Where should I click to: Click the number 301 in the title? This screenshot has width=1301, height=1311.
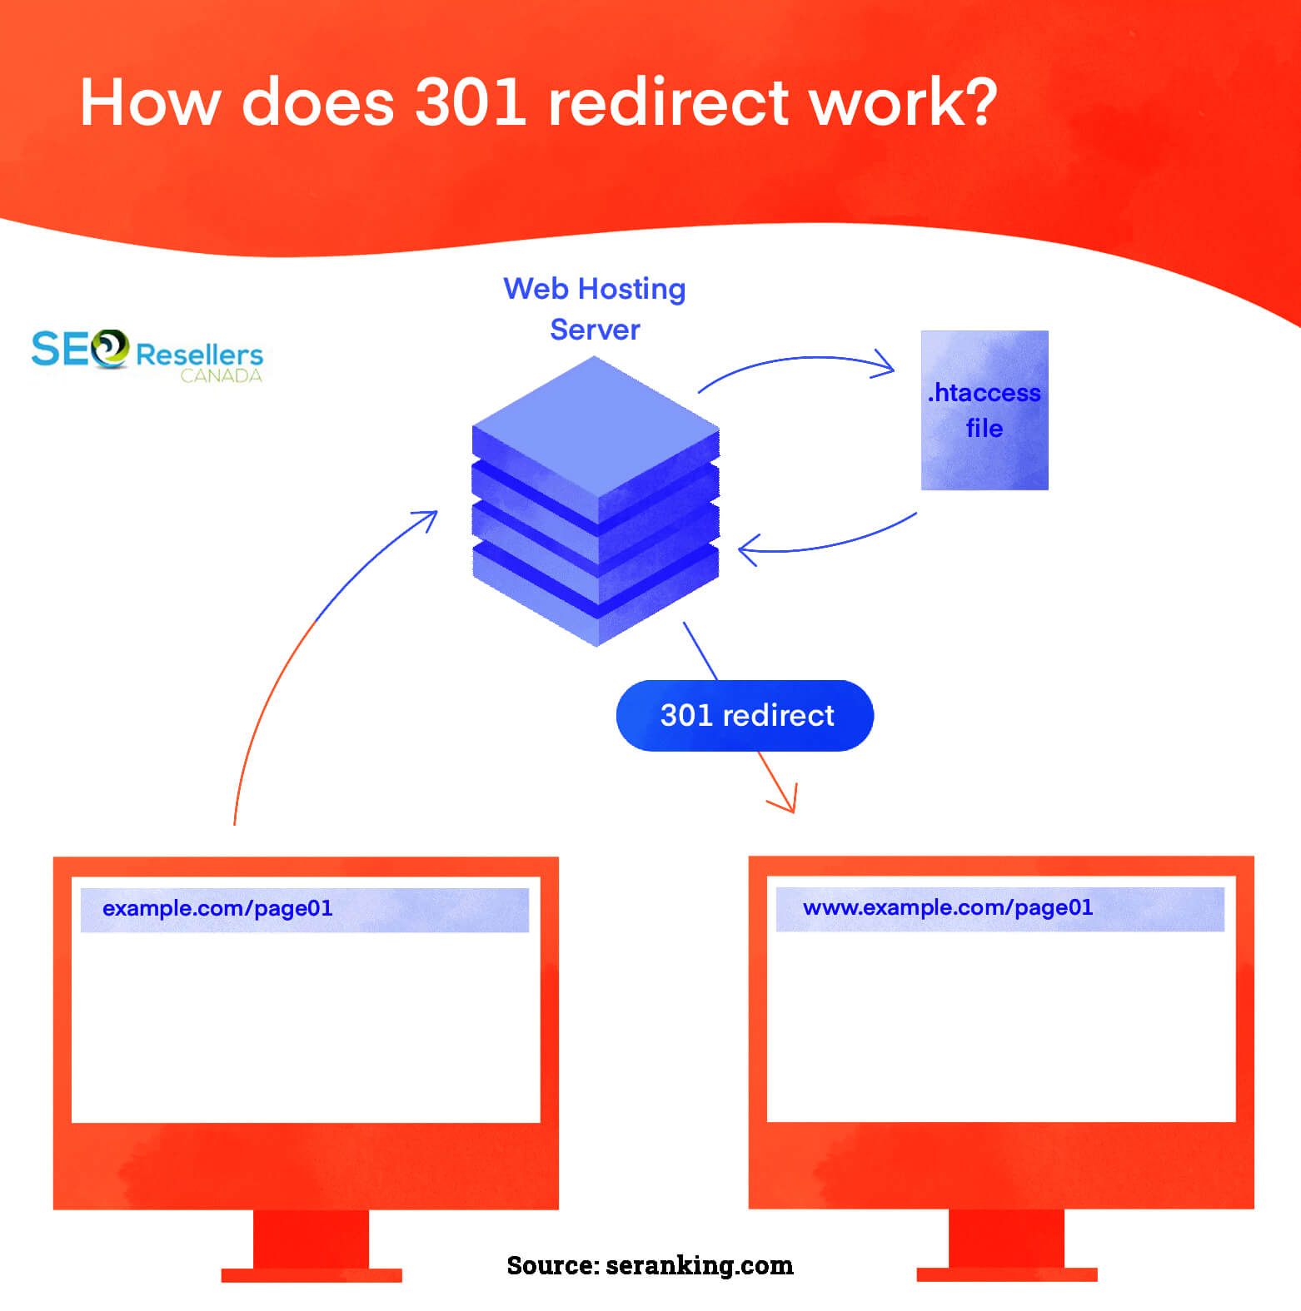[x=471, y=102]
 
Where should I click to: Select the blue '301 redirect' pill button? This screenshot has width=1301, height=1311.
[x=745, y=716]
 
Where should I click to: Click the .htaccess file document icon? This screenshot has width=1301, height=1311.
[x=984, y=410]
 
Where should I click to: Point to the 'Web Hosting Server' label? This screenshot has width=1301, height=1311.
[x=595, y=309]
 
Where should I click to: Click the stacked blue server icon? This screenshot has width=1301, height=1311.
[x=596, y=501]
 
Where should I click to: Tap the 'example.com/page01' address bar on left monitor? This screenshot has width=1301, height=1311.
[x=305, y=910]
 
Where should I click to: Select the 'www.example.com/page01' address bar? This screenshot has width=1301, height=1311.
[x=1000, y=909]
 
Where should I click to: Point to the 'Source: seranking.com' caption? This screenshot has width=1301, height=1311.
[x=650, y=1265]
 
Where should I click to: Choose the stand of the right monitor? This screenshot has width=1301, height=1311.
[x=1007, y=1245]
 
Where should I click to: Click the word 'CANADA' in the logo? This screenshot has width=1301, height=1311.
[x=221, y=375]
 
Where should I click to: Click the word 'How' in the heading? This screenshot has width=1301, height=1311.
[x=151, y=102]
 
